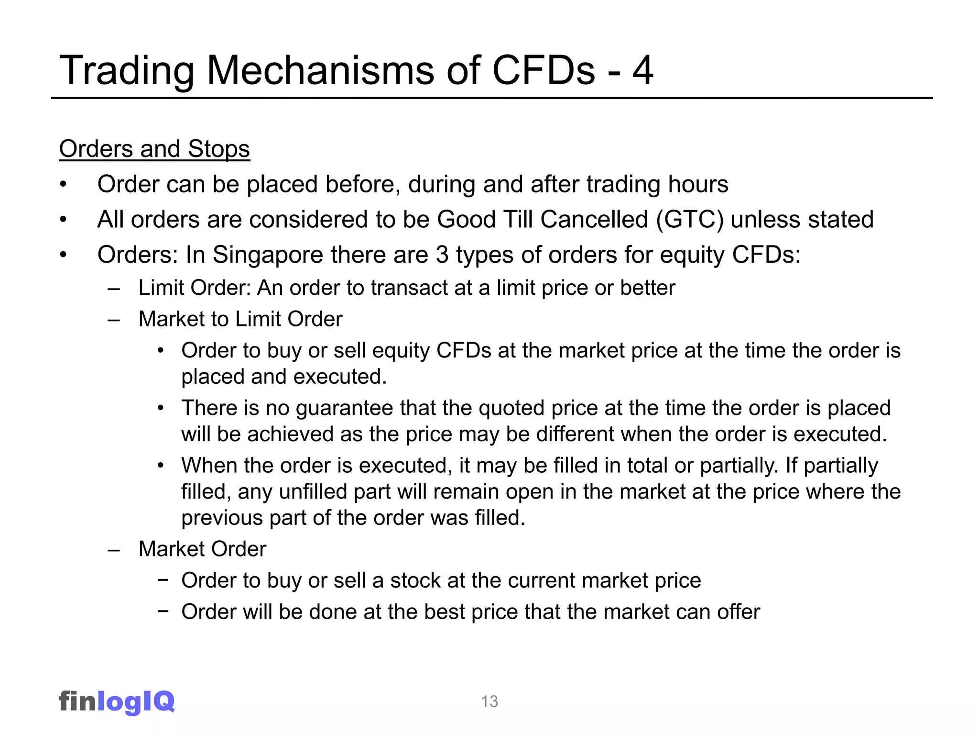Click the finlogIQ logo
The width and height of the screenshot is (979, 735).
[117, 702]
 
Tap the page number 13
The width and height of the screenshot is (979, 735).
[489, 702]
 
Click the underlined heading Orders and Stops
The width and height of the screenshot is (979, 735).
[154, 149]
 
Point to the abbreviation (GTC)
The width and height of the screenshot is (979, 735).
[690, 220]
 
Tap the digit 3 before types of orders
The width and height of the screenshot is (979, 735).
[442, 255]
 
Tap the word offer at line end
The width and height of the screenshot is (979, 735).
[738, 612]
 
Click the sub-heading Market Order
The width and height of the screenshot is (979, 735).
[202, 549]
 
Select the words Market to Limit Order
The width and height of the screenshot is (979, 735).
[240, 319]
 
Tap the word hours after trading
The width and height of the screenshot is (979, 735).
[698, 184]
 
